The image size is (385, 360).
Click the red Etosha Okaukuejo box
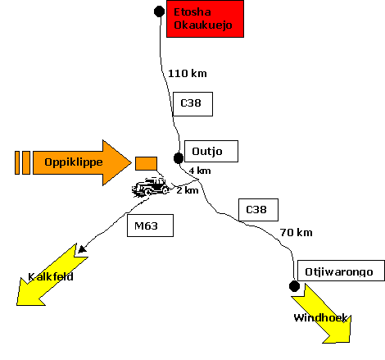click(205, 19)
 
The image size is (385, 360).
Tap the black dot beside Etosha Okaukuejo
click(159, 11)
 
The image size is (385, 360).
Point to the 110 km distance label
click(188, 74)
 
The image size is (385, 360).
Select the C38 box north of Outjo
click(192, 104)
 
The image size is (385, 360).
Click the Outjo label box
click(211, 151)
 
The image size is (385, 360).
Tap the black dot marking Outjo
click(179, 158)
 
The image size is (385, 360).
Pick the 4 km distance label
click(200, 171)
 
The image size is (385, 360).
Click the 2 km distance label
click(188, 190)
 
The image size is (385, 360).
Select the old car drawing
click(151, 187)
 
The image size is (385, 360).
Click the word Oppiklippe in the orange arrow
click(74, 162)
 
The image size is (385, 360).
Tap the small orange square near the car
click(146, 163)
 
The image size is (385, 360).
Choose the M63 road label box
click(150, 226)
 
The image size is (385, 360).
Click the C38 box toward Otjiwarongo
click(258, 210)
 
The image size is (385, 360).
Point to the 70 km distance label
click(297, 233)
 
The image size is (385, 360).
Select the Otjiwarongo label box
click(341, 271)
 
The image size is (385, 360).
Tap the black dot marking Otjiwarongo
click(294, 286)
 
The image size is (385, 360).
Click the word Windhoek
click(320, 317)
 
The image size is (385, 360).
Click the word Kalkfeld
click(51, 276)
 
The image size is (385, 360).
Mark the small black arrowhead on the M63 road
click(82, 249)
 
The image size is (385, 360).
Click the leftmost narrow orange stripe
click(17, 162)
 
